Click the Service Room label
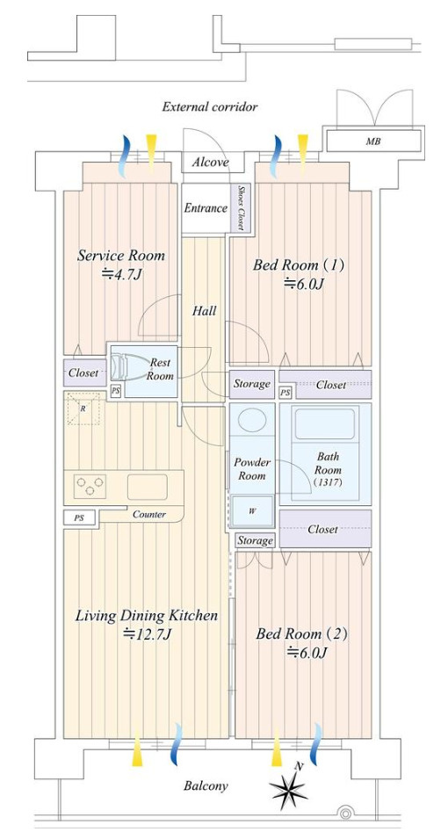[x=121, y=256]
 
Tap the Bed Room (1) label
[x=299, y=264]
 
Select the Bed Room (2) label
[x=302, y=634]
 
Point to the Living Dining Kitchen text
[x=147, y=616]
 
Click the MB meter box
[x=373, y=141]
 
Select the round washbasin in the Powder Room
[x=252, y=421]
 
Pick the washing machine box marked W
[x=252, y=510]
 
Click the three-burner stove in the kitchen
[x=90, y=486]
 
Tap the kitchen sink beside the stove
[x=148, y=487]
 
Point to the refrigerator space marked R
[x=83, y=409]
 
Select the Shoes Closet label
[x=241, y=207]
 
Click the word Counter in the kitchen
[x=149, y=514]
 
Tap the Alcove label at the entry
[x=211, y=163]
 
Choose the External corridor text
[x=210, y=107]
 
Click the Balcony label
[x=206, y=785]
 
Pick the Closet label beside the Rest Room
[x=83, y=372]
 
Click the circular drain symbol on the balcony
[x=346, y=814]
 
